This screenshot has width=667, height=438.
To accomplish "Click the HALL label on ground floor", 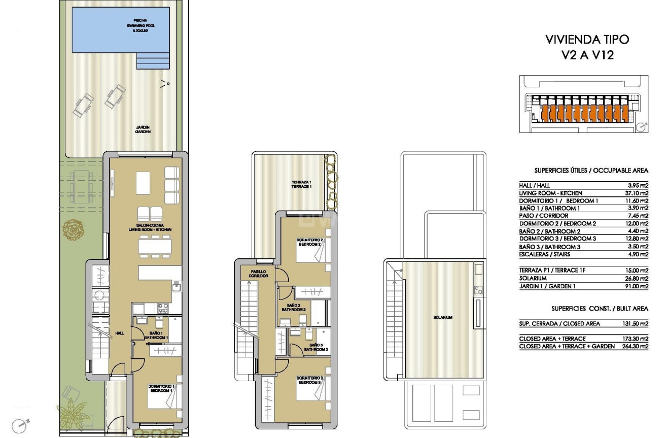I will tap(120, 333).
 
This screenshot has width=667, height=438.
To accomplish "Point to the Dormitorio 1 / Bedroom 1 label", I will tap(160, 389).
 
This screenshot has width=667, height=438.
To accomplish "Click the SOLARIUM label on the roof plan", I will tap(442, 317).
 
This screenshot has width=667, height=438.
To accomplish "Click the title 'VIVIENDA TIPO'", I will tap(587, 40).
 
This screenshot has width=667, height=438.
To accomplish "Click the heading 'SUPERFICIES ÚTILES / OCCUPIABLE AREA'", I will tap(591, 171).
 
